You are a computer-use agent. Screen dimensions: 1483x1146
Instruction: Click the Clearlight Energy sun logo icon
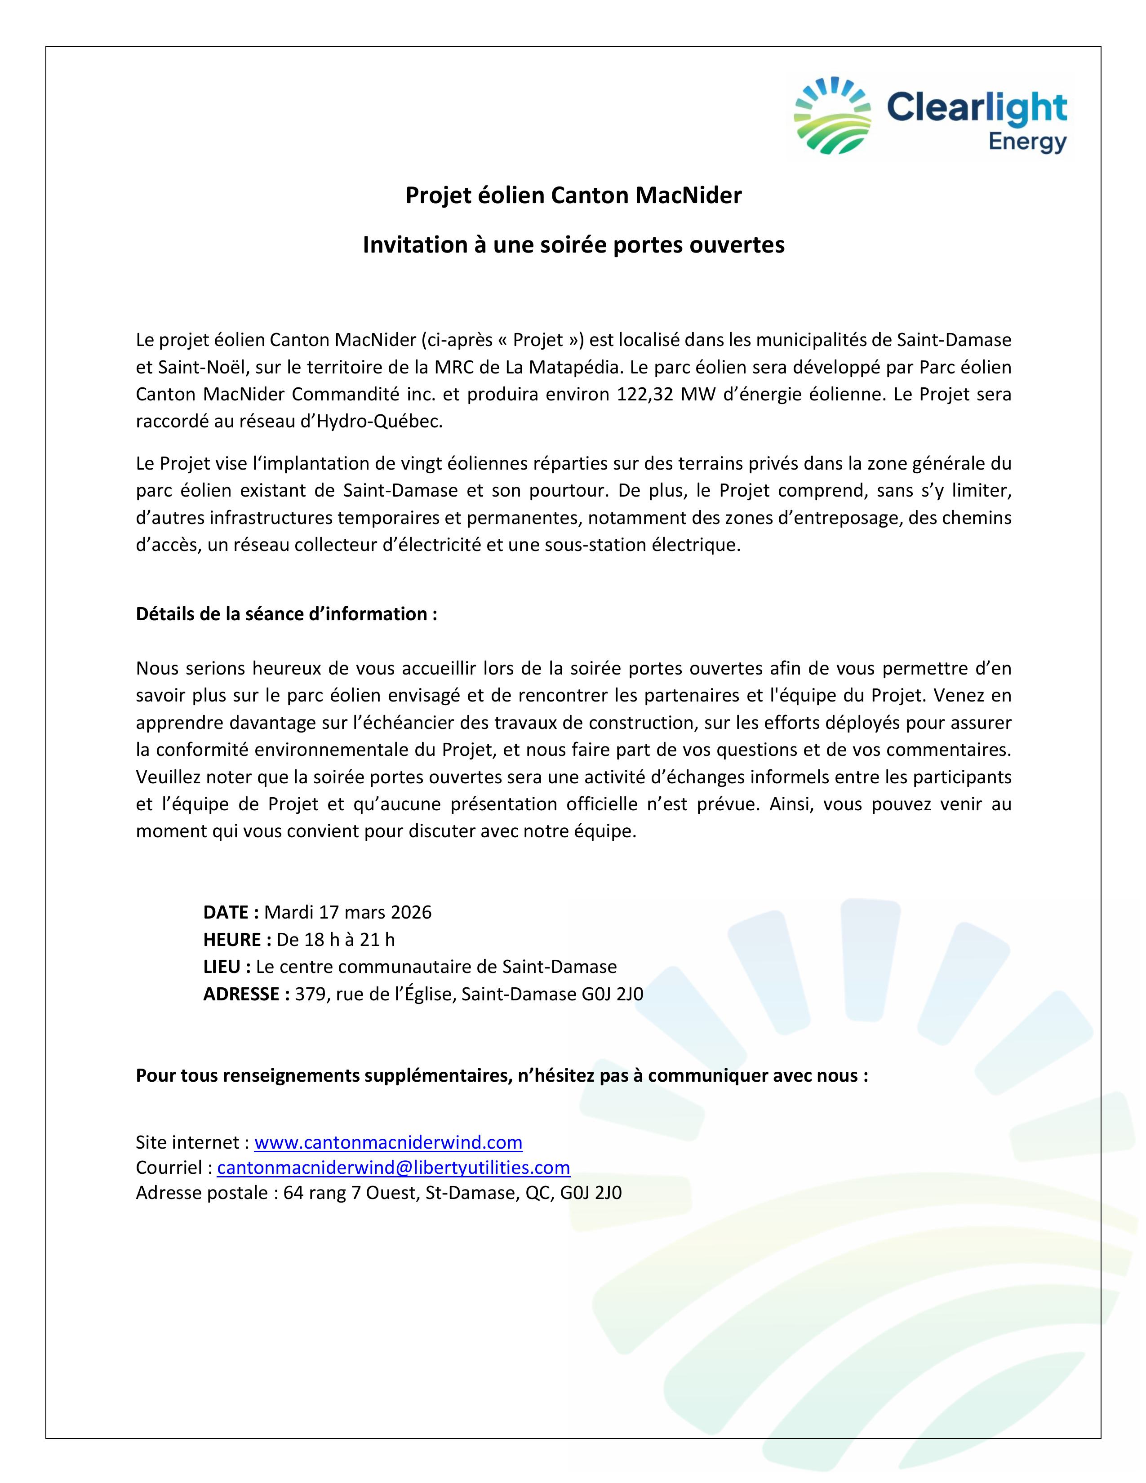(x=832, y=115)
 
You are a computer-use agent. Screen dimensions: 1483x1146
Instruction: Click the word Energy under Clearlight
(x=1027, y=142)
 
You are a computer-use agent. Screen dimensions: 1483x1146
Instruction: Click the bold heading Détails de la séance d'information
(x=286, y=614)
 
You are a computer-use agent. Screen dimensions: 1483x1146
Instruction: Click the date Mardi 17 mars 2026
(x=347, y=912)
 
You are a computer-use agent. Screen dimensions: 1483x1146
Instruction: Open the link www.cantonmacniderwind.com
(x=388, y=1142)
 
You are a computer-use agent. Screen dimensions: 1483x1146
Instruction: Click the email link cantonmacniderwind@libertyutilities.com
(x=393, y=1167)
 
